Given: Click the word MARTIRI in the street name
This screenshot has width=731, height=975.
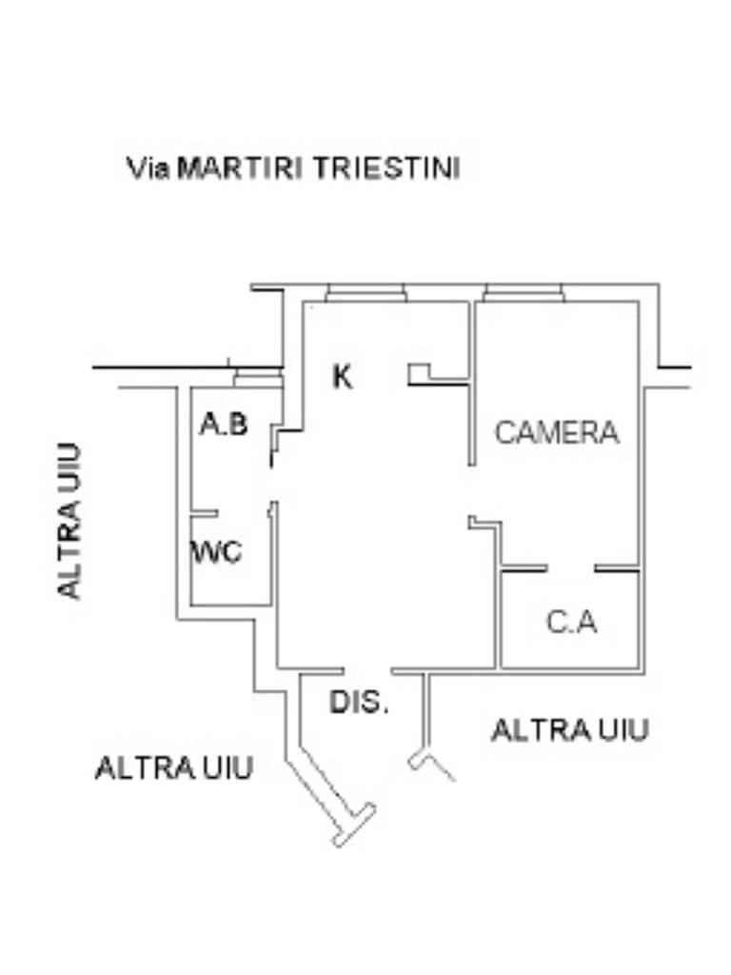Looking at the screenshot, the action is click(x=241, y=169).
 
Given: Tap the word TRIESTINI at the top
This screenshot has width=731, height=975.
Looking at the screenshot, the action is click(x=386, y=169).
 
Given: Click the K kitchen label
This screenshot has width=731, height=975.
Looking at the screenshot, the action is click(x=343, y=377).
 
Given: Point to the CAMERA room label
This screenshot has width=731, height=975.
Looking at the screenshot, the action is click(x=557, y=432).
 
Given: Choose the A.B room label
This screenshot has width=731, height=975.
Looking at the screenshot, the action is click(x=225, y=424).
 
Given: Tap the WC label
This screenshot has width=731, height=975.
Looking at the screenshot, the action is click(x=217, y=551).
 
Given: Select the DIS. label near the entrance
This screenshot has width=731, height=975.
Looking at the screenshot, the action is click(x=360, y=703).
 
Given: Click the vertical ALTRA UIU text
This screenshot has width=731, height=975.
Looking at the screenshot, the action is click(x=69, y=520).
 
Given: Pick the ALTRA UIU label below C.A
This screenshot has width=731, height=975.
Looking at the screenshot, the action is click(x=570, y=730).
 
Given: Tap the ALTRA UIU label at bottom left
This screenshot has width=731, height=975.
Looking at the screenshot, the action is click(x=174, y=767).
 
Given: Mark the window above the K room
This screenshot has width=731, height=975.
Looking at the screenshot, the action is click(x=365, y=292).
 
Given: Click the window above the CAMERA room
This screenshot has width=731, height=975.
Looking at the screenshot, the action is click(x=524, y=292).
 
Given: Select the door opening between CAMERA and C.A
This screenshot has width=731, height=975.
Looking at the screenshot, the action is click(x=571, y=569).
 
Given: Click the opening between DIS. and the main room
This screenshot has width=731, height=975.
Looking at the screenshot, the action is click(x=368, y=670).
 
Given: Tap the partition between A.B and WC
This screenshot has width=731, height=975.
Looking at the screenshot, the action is click(x=205, y=514).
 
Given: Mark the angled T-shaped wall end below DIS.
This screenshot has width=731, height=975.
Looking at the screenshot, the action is click(x=353, y=825).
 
